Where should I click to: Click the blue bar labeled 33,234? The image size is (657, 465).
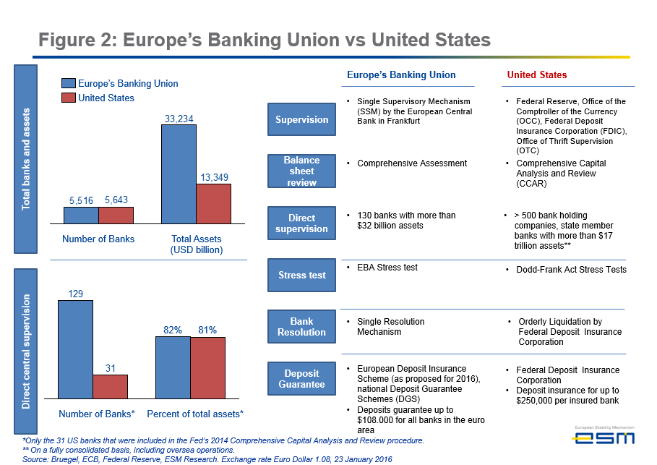point(179,174)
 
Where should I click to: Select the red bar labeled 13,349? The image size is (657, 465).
point(213,203)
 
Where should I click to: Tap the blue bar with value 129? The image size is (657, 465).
point(75,349)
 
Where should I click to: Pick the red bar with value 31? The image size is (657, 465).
point(110,386)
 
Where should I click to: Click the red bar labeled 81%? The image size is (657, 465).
point(207,367)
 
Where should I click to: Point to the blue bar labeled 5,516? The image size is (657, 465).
point(81,216)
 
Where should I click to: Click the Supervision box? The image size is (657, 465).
point(301,119)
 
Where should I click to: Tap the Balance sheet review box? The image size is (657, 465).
point(301,171)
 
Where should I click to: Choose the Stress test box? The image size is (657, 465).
point(301,275)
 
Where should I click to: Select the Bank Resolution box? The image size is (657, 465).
point(301,327)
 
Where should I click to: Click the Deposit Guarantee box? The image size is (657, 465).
point(301,379)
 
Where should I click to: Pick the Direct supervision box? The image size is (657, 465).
point(301,223)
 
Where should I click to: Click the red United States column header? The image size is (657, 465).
point(536,74)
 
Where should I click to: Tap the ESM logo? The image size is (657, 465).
point(604,436)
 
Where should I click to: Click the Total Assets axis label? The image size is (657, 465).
point(196,244)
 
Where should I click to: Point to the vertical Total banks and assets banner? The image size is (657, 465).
point(26,158)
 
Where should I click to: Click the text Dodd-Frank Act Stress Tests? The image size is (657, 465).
point(571,270)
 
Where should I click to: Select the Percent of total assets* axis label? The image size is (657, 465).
point(195,414)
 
